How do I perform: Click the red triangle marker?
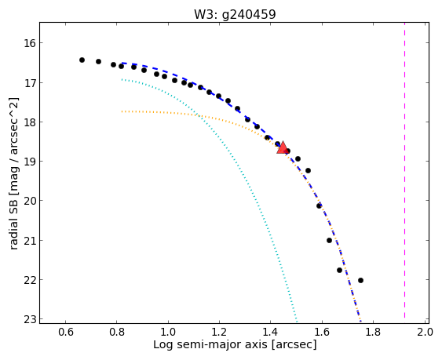tap(282, 147)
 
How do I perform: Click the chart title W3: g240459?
tap(235, 14)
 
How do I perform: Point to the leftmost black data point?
tap(82, 60)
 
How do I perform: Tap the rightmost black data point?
tap(360, 280)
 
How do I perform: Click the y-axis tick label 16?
tap(28, 43)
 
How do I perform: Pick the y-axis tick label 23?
tap(28, 319)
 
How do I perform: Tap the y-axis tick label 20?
tap(28, 201)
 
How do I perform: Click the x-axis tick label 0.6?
tap(66, 332)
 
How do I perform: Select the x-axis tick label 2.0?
tap(425, 332)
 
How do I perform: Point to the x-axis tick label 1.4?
tap(271, 332)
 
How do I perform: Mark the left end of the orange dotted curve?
tap(122, 111)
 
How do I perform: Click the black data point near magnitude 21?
tap(329, 240)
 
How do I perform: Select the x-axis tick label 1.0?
tap(168, 332)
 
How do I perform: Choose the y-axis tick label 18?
tap(28, 122)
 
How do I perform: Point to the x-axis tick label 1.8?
tap(373, 332)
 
